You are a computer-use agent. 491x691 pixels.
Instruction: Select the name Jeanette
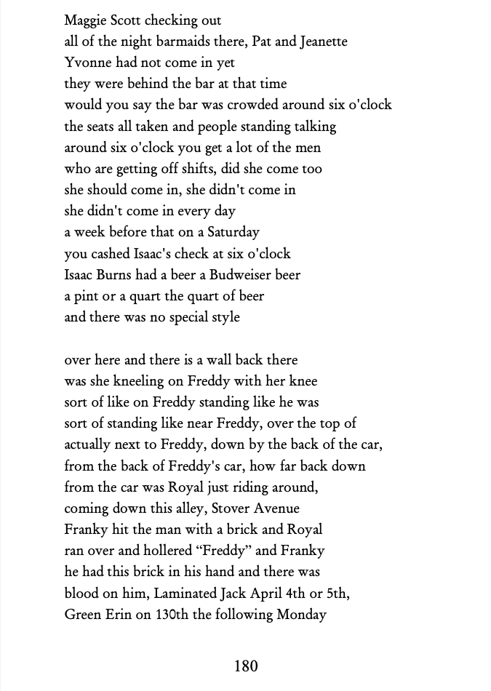pos(320,41)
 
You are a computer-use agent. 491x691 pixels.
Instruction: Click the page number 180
pos(246,665)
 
